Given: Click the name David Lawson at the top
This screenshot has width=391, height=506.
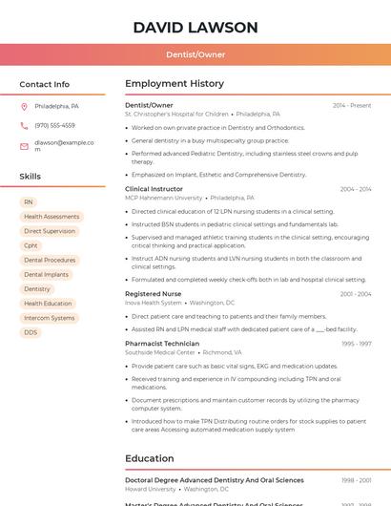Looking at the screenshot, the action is click(x=195, y=27).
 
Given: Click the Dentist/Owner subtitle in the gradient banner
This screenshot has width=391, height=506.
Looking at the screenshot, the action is click(x=195, y=54).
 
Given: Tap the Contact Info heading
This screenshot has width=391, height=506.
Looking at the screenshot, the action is click(x=44, y=84).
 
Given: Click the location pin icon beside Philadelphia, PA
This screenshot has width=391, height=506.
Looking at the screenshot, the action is click(x=24, y=106).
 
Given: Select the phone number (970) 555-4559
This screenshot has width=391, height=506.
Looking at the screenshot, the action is click(x=54, y=125).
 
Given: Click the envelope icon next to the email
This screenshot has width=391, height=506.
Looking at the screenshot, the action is click(x=24, y=146).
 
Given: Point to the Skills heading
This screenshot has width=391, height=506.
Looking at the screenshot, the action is click(x=30, y=176).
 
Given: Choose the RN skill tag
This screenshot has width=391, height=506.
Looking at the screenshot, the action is click(x=29, y=202).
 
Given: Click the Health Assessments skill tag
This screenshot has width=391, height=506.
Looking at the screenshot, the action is click(x=51, y=217).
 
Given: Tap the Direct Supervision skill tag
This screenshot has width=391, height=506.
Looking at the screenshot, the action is click(x=50, y=231).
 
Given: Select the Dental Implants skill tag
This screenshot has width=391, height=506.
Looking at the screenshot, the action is click(x=46, y=274).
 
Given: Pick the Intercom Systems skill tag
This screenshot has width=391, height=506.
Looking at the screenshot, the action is click(x=49, y=318).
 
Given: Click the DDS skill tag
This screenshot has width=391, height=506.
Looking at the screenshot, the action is click(x=31, y=332).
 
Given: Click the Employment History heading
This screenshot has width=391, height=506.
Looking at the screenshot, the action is click(x=175, y=84).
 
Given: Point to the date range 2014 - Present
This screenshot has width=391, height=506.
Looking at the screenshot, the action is click(x=352, y=105).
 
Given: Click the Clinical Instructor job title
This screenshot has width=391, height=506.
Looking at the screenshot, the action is click(x=154, y=189).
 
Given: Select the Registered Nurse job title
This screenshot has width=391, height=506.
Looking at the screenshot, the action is click(x=153, y=294).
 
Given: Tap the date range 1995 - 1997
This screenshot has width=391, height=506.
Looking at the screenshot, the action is click(x=357, y=344).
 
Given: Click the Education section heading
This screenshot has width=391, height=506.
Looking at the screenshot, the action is click(x=149, y=458).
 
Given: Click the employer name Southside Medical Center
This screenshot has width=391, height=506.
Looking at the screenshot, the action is click(x=159, y=352).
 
